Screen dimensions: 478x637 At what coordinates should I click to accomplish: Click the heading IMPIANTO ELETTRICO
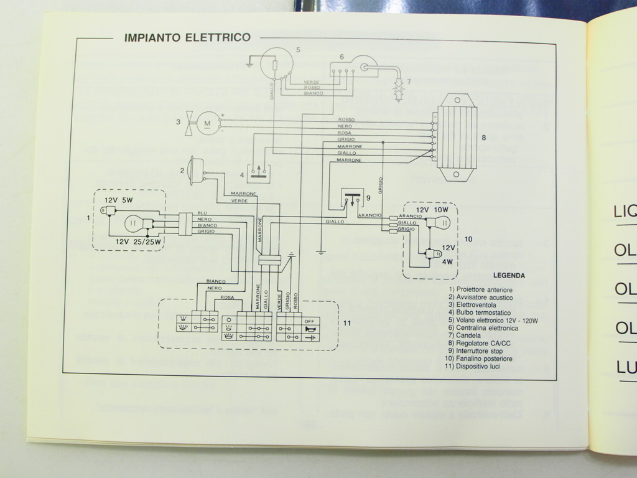pyautogui.click(x=187, y=37)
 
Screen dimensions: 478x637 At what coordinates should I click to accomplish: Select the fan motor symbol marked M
pyautogui.click(x=208, y=123)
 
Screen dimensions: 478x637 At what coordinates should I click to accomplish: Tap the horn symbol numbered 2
pyautogui.click(x=195, y=170)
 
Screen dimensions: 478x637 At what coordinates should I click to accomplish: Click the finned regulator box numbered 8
pyautogui.click(x=457, y=138)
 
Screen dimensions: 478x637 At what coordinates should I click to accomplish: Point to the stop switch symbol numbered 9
pyautogui.click(x=352, y=199)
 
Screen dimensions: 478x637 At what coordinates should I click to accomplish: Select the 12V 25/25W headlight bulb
pyautogui.click(x=134, y=223)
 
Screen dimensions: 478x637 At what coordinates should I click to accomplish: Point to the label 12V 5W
pyautogui.click(x=118, y=200)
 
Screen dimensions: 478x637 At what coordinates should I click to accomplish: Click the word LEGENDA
pyautogui.click(x=509, y=275)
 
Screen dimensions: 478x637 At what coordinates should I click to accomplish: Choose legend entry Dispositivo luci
pyautogui.click(x=477, y=367)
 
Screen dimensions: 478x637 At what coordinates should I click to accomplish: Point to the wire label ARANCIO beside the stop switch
pyautogui.click(x=370, y=215)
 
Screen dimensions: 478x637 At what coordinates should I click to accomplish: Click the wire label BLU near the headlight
pyautogui.click(x=202, y=213)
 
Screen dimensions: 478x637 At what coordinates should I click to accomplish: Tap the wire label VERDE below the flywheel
pyautogui.click(x=312, y=82)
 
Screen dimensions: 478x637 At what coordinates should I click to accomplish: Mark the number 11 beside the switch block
pyautogui.click(x=347, y=322)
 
